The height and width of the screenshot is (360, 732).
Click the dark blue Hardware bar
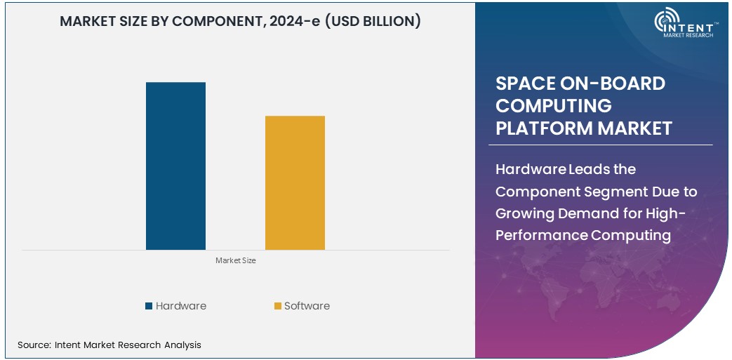(175, 166)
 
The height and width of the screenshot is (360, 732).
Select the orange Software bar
(295, 182)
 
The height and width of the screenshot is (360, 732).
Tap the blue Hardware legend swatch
(149, 306)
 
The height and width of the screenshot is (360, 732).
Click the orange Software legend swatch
(278, 306)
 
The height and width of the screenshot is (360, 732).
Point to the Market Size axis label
(235, 260)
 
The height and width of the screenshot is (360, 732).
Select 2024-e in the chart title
(304, 21)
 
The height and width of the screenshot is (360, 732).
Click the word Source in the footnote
(33, 345)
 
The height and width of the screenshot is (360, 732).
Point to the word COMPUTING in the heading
(554, 106)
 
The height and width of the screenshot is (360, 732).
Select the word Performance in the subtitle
(542, 235)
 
